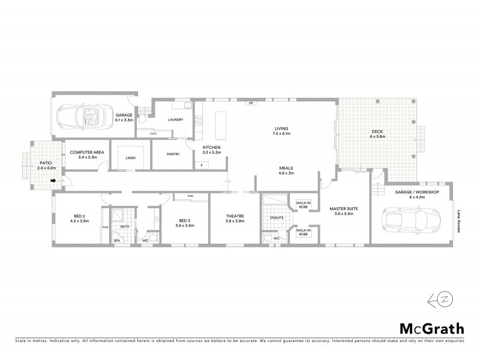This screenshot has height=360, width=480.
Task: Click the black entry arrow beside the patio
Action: [x=53, y=180]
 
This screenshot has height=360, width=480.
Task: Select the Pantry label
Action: [x=173, y=154]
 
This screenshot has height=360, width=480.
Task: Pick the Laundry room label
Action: [x=175, y=119]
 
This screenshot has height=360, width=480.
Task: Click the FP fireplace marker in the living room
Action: [x=250, y=103]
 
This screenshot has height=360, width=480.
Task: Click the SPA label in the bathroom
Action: [x=117, y=240]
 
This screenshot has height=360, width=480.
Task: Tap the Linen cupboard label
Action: [x=130, y=158]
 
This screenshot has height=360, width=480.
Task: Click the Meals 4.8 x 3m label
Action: [x=286, y=170]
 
